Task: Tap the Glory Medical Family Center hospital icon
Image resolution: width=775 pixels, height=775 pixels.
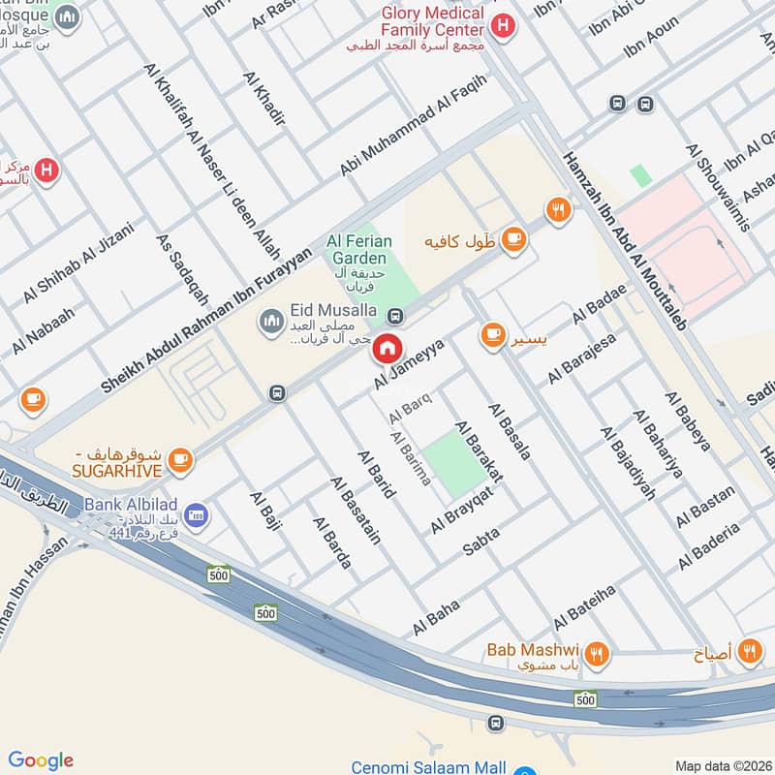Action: [x=502, y=26]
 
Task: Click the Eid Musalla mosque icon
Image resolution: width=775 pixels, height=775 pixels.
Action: [x=270, y=319]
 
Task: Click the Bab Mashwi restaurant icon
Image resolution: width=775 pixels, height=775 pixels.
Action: [x=598, y=654]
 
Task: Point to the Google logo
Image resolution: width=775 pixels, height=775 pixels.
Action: [x=41, y=759]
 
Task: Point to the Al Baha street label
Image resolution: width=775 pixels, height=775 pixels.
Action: [x=435, y=617]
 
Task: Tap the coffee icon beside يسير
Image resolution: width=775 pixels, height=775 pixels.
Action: [x=493, y=335]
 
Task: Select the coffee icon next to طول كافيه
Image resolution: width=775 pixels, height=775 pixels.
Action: [x=513, y=238]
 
